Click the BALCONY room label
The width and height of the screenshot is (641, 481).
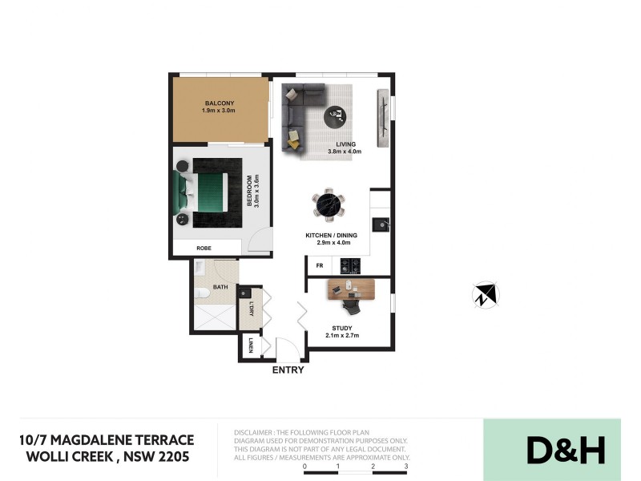220,103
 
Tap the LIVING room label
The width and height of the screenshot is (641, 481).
346,144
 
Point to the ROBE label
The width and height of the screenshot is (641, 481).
204,249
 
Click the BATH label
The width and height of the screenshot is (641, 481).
221,287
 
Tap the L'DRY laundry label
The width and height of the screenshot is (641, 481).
251,309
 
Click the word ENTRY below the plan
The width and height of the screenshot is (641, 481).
288,370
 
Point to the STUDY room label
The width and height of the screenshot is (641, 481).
342,328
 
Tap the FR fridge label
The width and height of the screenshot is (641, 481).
319,265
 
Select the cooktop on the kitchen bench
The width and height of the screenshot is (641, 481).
350,265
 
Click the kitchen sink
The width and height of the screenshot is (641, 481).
381,224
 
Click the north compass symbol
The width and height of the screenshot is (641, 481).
486,295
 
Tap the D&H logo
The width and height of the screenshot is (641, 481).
565,450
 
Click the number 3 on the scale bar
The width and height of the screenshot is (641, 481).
407,466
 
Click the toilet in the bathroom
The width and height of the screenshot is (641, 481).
203,295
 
